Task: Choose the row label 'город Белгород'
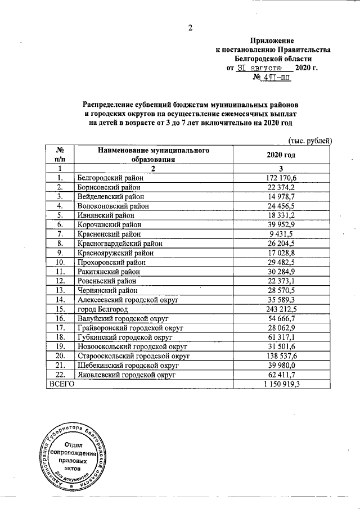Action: (99, 309)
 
